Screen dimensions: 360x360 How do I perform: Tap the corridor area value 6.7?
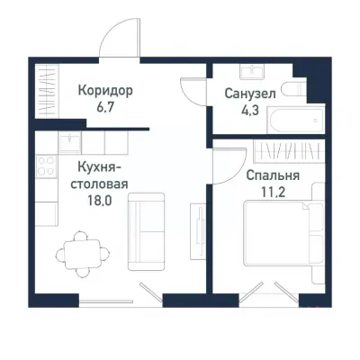pos(105,106)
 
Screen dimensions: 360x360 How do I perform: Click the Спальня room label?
pos(272,175)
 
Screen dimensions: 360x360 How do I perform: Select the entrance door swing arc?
pos(119,40)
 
